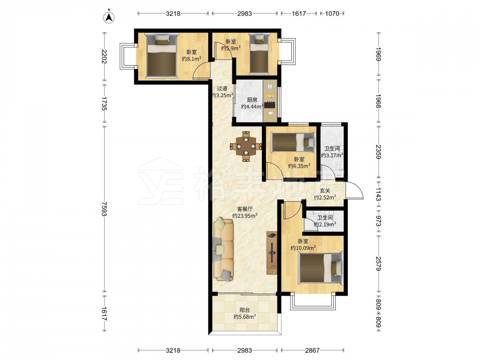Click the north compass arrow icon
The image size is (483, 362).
point(109,17)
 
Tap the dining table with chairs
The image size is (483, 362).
point(246,146)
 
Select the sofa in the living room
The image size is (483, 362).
point(223,250)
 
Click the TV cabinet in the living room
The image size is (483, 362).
point(271,253)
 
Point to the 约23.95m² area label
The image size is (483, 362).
point(245,216)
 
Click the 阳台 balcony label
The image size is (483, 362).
point(244,310)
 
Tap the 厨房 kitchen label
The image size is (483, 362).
point(252,100)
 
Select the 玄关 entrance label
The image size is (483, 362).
point(325,191)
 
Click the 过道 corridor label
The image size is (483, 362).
point(222,88)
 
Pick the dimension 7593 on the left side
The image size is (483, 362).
point(104,209)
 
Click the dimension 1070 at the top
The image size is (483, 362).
point(332,14)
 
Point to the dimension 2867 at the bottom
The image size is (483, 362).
point(313,350)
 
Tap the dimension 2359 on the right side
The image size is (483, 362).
point(379,152)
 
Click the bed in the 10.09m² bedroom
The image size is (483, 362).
point(321,267)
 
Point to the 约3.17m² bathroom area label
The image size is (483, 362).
point(332,155)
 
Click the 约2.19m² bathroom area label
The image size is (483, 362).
point(325,224)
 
